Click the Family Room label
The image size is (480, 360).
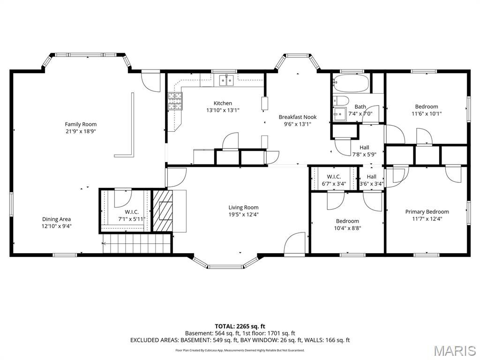point(81,124)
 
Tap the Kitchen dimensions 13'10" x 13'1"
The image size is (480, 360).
point(223,111)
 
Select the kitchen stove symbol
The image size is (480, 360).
point(175,101)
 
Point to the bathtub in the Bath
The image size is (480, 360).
point(351,84)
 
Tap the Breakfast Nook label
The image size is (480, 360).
point(298,117)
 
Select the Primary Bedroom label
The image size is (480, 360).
point(427,212)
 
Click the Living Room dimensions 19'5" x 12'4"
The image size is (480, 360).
point(243,215)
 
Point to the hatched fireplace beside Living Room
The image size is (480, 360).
point(163,210)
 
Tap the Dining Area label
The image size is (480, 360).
point(57,219)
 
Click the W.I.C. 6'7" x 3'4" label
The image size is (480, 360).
point(334,180)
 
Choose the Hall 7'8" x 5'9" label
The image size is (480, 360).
point(364,151)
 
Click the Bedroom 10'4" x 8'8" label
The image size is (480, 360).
point(347,225)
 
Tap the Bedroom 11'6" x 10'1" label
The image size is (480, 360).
point(427,110)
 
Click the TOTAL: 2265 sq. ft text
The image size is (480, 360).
point(240,326)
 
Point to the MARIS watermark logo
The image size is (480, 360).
point(454,350)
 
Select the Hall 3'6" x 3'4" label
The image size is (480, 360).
point(371,180)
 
